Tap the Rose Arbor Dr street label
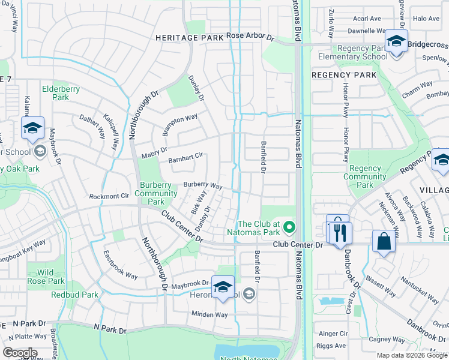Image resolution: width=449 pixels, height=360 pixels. point(250,37)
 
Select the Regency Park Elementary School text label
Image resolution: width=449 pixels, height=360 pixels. point(353,53)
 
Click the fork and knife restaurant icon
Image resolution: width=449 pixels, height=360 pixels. point(340,232)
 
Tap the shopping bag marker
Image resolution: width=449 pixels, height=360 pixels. point(383,241)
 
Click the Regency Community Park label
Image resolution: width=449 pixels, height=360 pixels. point(365,177)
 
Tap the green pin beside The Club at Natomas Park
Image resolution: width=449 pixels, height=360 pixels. point(289,227)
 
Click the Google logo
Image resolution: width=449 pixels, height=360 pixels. point(20,353)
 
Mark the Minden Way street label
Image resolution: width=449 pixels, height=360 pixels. point(209,314)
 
